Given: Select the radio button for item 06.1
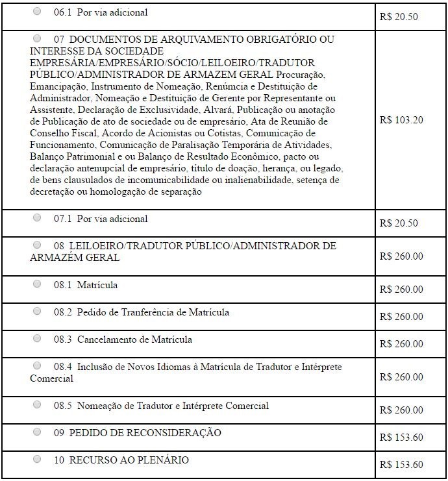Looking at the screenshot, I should coord(37,12).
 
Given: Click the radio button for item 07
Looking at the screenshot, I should coord(37,39).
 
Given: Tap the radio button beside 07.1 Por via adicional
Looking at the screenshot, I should coord(37,218).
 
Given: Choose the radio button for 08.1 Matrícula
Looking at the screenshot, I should coord(37,284).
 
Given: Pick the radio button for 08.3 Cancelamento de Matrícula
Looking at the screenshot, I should coord(37,339).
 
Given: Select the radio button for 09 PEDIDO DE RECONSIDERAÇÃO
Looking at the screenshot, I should coord(37,432).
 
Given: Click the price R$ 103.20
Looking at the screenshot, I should coord(401,120).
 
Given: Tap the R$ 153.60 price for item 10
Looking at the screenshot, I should coord(401,465).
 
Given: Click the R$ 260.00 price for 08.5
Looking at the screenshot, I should coord(401,410).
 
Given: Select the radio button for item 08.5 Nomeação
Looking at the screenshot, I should coord(37,405).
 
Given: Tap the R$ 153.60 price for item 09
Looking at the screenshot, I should coord(401,438).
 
